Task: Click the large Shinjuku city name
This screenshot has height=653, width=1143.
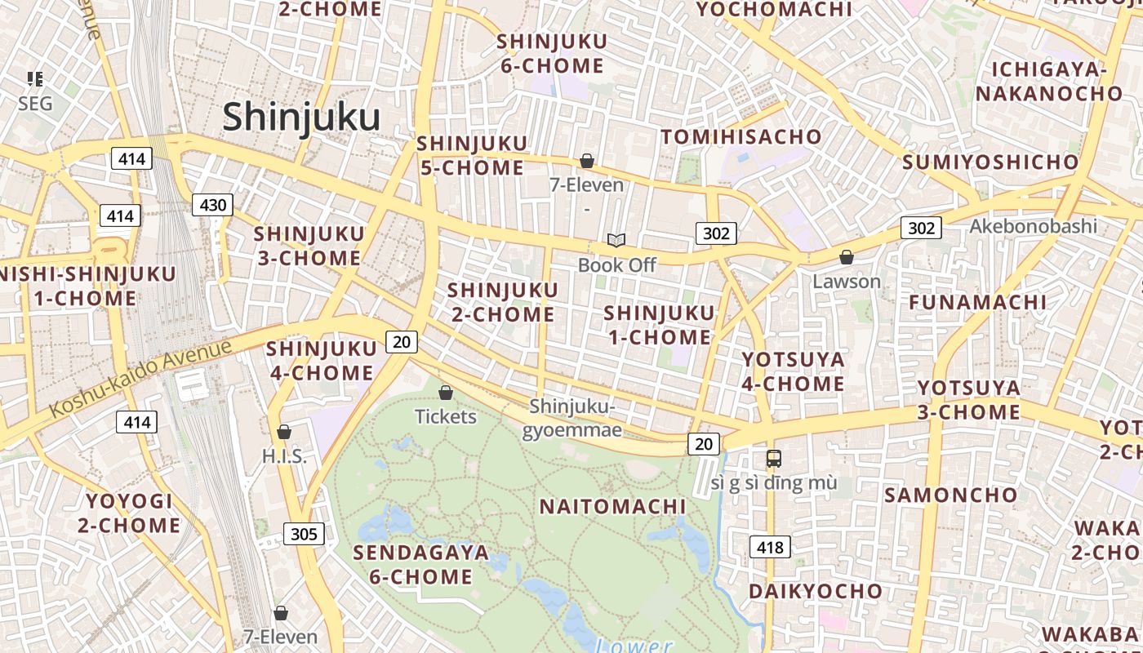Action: click(301, 117)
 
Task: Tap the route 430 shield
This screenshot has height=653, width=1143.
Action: click(212, 205)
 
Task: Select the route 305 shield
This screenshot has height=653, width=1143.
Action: click(304, 535)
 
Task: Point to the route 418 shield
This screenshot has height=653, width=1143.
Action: click(770, 547)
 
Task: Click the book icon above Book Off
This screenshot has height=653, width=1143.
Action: click(616, 240)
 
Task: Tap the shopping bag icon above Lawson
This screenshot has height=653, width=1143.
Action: click(847, 257)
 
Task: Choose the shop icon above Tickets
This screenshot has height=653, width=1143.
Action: click(446, 393)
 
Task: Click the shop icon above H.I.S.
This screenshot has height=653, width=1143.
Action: click(284, 432)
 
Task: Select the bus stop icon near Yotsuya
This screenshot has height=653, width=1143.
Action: click(773, 458)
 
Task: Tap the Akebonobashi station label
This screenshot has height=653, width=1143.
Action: click(1033, 226)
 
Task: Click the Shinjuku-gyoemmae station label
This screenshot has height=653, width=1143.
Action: click(571, 418)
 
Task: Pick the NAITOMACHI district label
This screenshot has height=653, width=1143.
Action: click(612, 507)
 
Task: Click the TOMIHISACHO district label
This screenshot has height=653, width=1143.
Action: click(741, 136)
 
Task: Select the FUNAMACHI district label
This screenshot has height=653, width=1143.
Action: click(977, 302)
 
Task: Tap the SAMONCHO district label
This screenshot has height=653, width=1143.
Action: click(951, 495)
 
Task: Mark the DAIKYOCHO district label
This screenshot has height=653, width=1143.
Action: click(815, 591)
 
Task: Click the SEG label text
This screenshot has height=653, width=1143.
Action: click(35, 104)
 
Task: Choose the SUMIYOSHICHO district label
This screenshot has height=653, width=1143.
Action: click(990, 162)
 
